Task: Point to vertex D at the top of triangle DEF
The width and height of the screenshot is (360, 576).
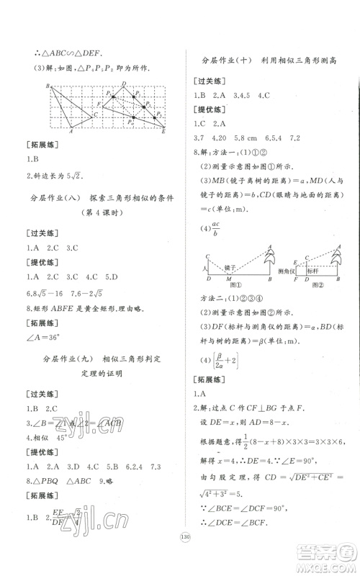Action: click(x=124, y=84)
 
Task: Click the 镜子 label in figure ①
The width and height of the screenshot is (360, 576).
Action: click(x=235, y=267)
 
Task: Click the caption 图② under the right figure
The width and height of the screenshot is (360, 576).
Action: click(x=313, y=284)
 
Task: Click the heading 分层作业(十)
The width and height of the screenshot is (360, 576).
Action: click(x=219, y=62)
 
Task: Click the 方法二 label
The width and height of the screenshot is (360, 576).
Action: click(x=210, y=297)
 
